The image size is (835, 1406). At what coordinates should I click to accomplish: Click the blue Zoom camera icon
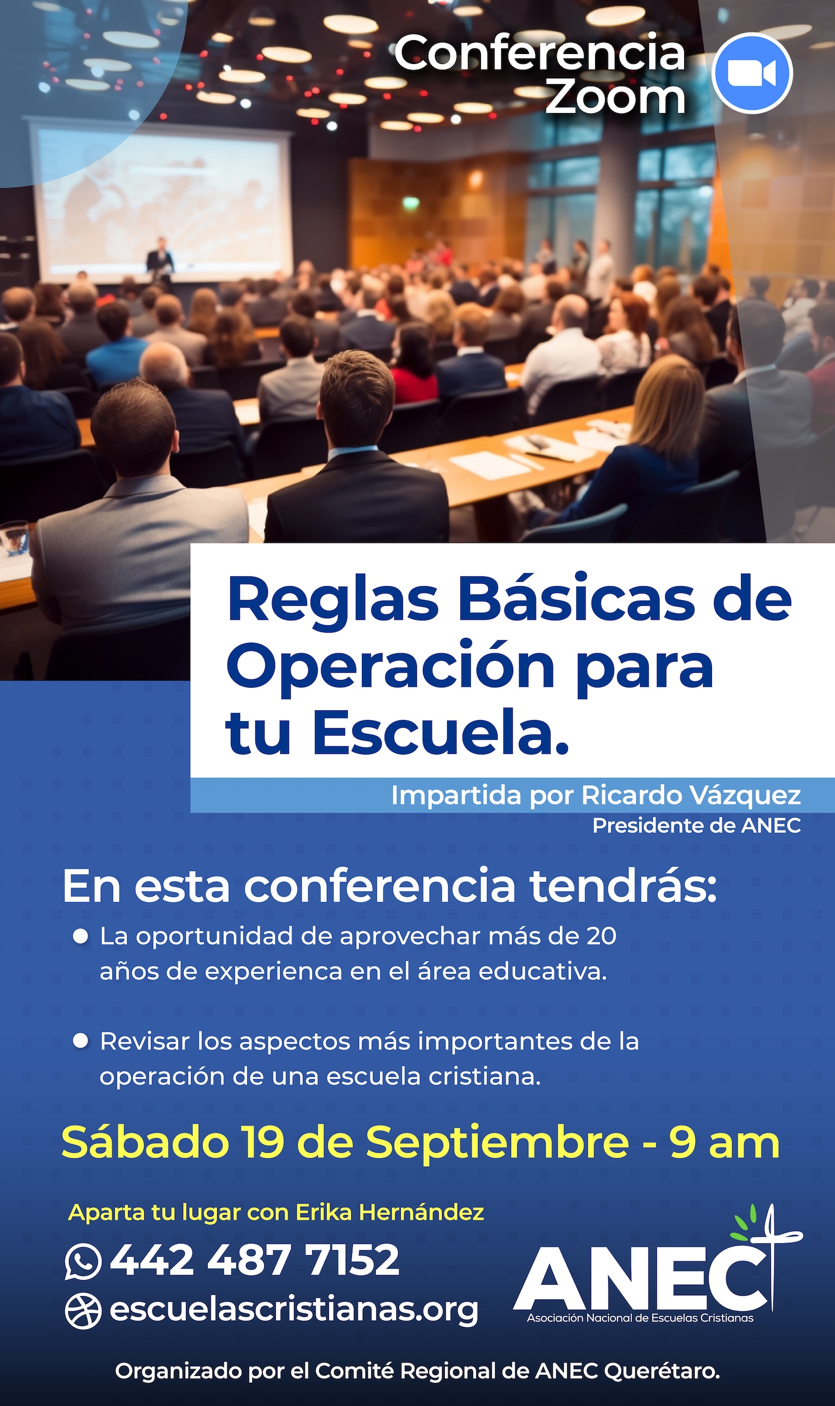click(751, 73)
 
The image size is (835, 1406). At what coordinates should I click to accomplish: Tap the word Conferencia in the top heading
click(539, 53)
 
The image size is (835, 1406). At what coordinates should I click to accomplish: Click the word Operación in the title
click(390, 667)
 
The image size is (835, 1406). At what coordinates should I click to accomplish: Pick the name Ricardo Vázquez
click(690, 795)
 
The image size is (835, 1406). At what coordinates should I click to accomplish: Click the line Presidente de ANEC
click(696, 826)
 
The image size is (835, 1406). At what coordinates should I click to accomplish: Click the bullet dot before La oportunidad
click(81, 936)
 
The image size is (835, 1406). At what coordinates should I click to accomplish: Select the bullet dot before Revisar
click(81, 1041)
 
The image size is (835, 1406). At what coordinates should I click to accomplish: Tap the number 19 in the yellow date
click(263, 1142)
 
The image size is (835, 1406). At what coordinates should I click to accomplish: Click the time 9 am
click(724, 1143)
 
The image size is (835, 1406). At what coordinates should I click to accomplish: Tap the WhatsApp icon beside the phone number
click(83, 1261)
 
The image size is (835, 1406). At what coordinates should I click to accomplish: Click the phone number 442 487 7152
click(254, 1259)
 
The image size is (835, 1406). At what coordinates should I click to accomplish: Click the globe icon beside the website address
click(83, 1311)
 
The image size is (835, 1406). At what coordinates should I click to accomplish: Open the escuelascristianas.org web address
click(294, 1309)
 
